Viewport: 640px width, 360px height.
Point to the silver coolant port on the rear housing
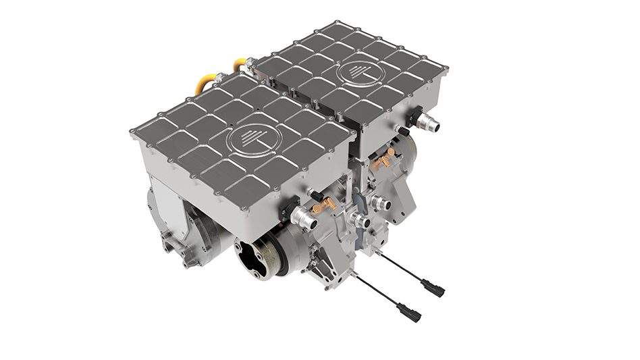pyautogui.click(x=429, y=124)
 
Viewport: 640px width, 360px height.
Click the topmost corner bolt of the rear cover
pyautogui.click(x=336, y=24)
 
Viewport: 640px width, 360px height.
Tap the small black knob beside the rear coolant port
pyautogui.click(x=404, y=131)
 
